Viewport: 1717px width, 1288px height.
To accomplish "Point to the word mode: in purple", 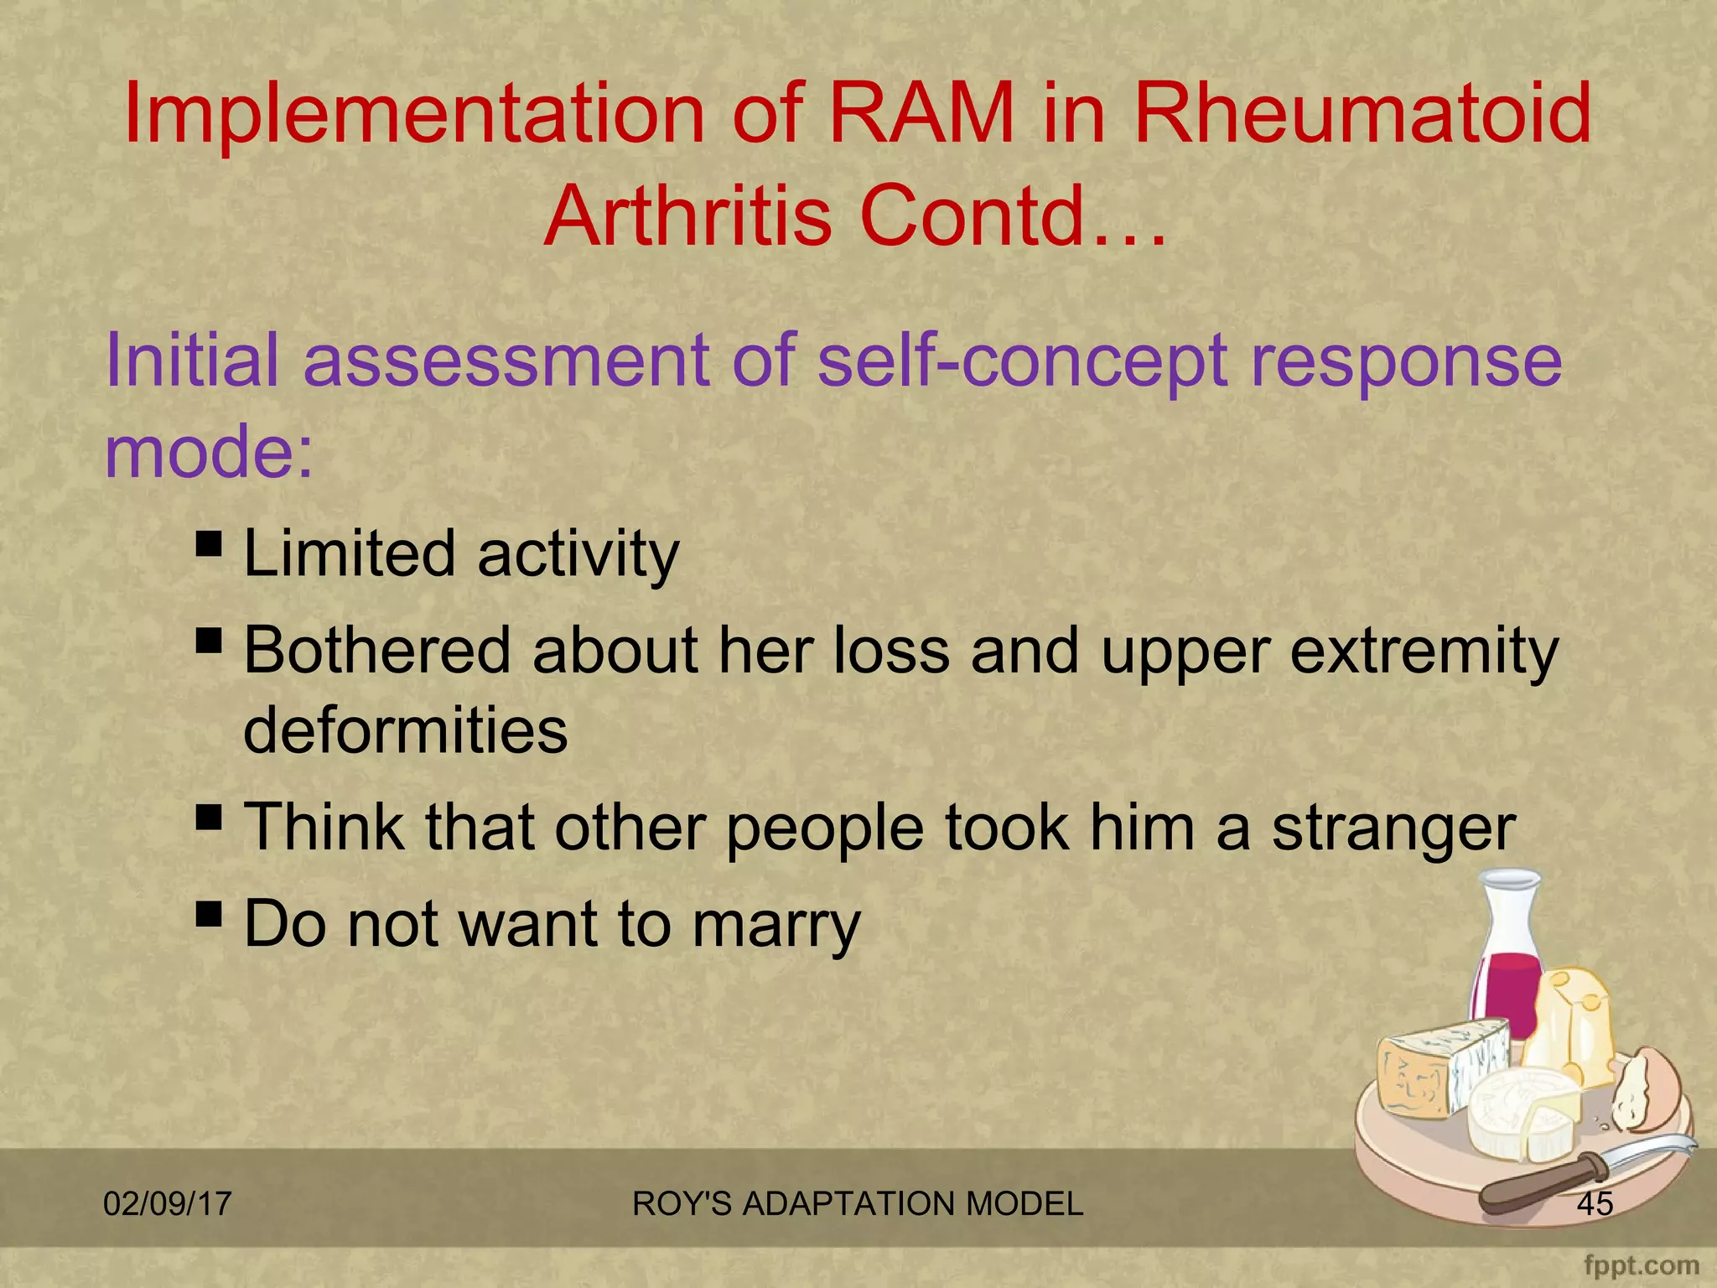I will pyautogui.click(x=209, y=451).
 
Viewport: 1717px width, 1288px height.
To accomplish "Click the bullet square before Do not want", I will pyautogui.click(x=209, y=912).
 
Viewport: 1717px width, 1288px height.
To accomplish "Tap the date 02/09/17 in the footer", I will pyautogui.click(x=167, y=1204).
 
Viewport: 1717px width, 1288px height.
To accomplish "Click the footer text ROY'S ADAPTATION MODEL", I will pyautogui.click(x=857, y=1204).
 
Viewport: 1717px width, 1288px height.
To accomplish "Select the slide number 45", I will pyautogui.click(x=1595, y=1204).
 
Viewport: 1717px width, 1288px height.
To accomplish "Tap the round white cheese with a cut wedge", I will pyautogui.click(x=1522, y=1115).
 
